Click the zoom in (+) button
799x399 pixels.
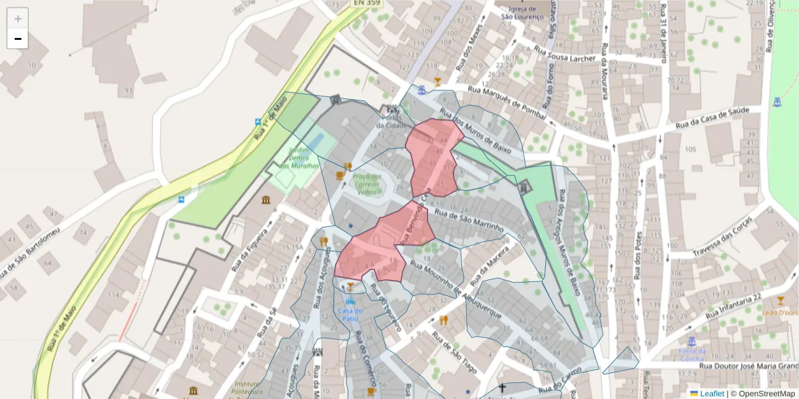(x=18, y=19)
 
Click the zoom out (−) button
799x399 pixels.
(x=18, y=39)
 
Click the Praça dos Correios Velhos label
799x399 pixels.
(x=367, y=184)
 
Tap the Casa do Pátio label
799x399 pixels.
(x=350, y=314)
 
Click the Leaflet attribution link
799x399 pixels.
(x=712, y=394)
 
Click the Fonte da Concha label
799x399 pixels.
(x=692, y=354)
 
